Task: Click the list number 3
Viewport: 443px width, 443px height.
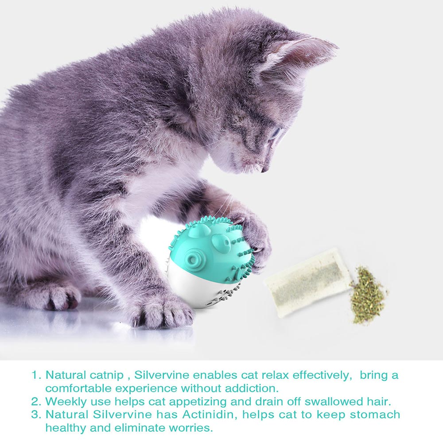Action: pos(35,415)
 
